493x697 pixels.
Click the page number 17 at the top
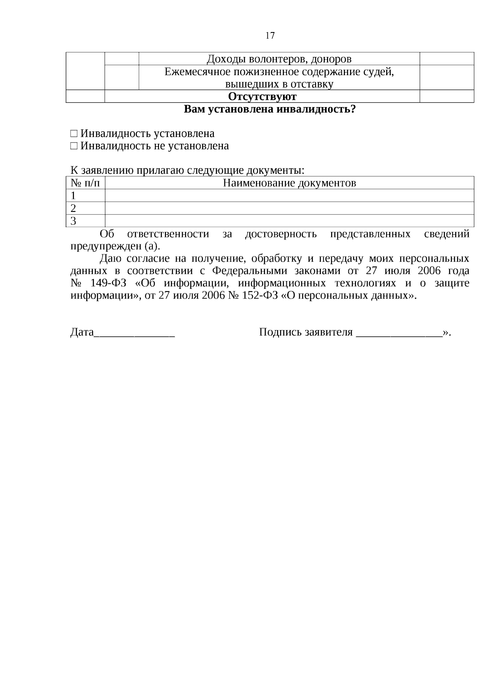270,35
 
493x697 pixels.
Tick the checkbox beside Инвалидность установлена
74,134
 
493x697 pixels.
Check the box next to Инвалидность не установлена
74,146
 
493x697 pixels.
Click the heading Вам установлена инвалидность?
270,110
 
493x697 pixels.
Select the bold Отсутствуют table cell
262,97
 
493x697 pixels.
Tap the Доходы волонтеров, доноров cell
279,59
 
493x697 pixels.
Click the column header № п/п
85,183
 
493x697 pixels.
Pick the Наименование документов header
289,183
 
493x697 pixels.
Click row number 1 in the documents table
74,196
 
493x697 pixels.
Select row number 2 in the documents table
74,208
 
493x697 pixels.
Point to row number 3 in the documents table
74,221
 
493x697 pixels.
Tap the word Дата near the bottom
82,332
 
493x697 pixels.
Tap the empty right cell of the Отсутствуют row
447,97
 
